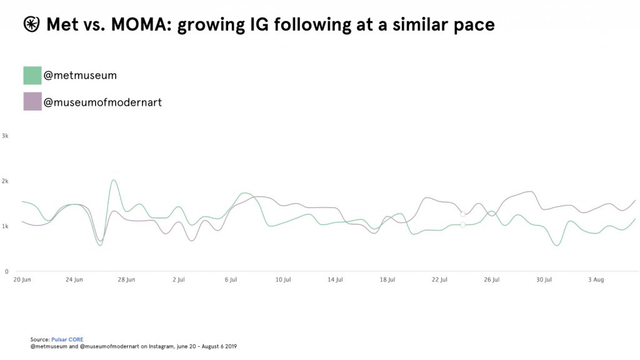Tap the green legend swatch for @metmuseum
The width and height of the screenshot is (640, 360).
tap(32, 76)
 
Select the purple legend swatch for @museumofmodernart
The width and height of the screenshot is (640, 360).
tap(32, 102)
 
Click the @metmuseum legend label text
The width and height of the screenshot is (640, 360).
tap(80, 76)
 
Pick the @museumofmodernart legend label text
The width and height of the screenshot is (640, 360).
tap(102, 102)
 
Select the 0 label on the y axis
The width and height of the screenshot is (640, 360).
tap(6, 271)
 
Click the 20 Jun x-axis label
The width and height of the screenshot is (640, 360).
tap(22, 279)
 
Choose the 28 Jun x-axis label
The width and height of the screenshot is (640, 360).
tap(126, 279)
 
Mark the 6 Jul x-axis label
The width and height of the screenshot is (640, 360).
tap(231, 279)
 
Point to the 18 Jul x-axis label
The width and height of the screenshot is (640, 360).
tap(387, 279)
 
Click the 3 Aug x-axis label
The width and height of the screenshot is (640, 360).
tap(596, 279)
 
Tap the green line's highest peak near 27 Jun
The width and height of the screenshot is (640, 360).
tap(113, 181)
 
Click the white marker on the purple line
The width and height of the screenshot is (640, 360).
tap(462, 214)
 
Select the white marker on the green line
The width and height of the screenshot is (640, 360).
tap(462, 225)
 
